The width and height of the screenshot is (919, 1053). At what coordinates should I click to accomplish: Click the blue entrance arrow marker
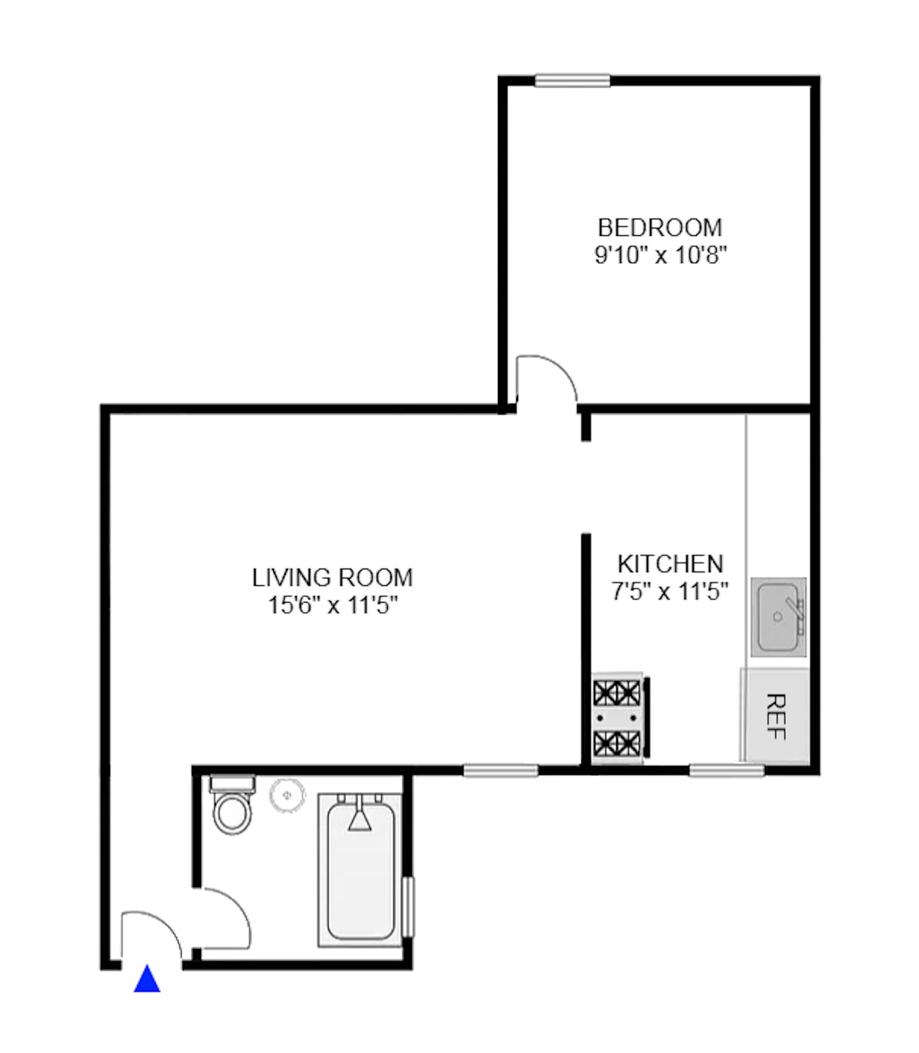point(146,979)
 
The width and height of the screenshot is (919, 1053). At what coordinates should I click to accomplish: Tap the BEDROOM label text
point(659,228)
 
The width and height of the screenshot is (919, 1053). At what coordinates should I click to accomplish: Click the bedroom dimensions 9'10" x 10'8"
point(661,254)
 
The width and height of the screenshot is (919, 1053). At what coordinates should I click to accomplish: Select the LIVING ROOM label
point(333,578)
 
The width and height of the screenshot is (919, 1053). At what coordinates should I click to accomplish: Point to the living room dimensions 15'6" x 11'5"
point(333,605)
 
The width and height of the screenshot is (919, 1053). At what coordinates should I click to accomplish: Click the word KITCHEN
point(670,564)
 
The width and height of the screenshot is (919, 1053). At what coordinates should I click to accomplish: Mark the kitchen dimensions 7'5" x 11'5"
point(670,590)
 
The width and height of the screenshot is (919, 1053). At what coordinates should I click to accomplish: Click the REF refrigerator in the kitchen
point(775,717)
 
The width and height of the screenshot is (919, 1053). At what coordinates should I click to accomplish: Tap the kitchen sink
point(778,617)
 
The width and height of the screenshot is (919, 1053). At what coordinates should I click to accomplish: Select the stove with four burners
point(618,718)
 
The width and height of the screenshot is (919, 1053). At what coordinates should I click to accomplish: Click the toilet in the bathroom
point(232,803)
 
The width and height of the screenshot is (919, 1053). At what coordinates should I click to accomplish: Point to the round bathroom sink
point(288,795)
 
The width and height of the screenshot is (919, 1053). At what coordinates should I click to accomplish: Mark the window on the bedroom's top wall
point(572,80)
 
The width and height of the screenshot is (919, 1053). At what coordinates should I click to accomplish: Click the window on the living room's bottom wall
point(500,770)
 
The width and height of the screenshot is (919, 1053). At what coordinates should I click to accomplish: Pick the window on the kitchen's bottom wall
point(726,770)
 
